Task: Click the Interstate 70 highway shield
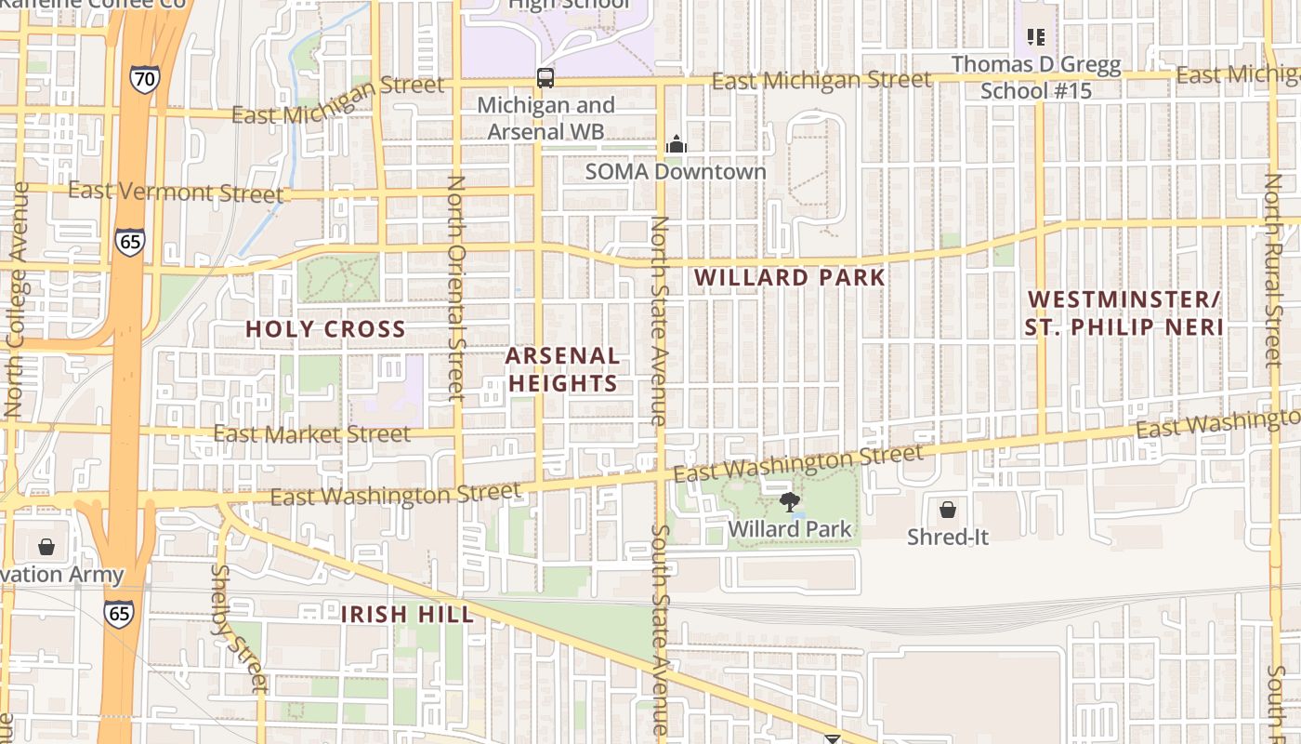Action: pyautogui.click(x=144, y=79)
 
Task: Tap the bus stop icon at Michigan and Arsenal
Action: pyautogui.click(x=545, y=78)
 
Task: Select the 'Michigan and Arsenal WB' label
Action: pyautogui.click(x=545, y=118)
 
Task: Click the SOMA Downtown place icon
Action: pyautogui.click(x=677, y=144)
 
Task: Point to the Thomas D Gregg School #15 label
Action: pyautogui.click(x=1036, y=77)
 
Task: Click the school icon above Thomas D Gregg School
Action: pyautogui.click(x=1036, y=37)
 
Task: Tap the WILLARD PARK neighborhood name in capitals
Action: pyautogui.click(x=789, y=277)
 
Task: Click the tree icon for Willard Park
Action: pyautogui.click(x=790, y=502)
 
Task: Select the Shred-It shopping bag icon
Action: pyautogui.click(x=948, y=510)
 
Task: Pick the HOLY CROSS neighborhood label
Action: pyautogui.click(x=325, y=329)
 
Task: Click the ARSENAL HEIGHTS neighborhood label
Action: pyautogui.click(x=563, y=369)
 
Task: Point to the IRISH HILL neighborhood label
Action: pyautogui.click(x=407, y=614)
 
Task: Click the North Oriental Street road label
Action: pyautogui.click(x=455, y=288)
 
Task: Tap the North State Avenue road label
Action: pyautogui.click(x=659, y=321)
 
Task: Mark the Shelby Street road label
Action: pyautogui.click(x=236, y=628)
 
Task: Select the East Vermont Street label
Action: pyautogui.click(x=176, y=193)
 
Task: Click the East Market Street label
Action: pyautogui.click(x=311, y=434)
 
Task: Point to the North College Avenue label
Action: pyautogui.click(x=16, y=298)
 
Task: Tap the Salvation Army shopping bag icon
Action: pyautogui.click(x=46, y=547)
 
